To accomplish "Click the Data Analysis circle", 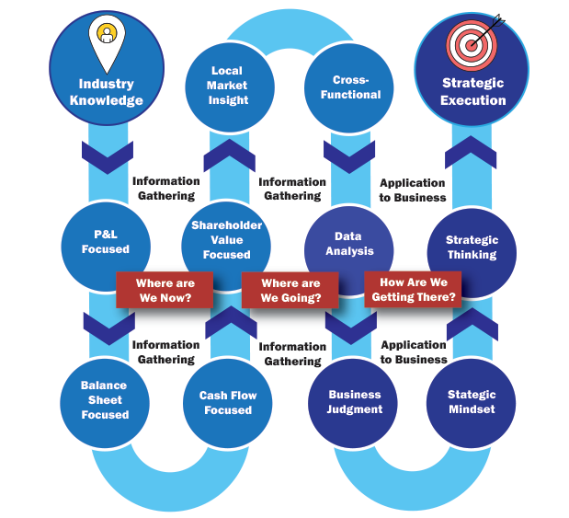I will click(x=349, y=244).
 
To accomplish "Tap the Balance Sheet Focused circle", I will click(x=105, y=400).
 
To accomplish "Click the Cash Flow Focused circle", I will click(x=227, y=402).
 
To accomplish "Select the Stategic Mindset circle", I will click(x=472, y=402).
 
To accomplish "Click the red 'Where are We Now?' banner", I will click(x=164, y=291).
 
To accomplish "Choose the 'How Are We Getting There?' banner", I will click(x=412, y=290).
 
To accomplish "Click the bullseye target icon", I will click(x=472, y=40).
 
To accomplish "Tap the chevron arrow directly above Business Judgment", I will click(x=350, y=326).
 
